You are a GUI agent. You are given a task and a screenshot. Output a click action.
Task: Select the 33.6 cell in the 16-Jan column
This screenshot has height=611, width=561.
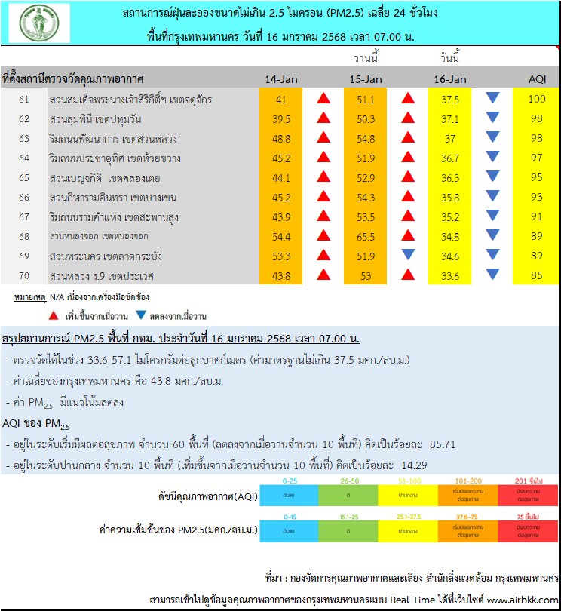(x=451, y=276)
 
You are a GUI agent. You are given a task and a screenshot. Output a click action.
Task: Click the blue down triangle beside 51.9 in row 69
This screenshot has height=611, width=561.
(x=408, y=256)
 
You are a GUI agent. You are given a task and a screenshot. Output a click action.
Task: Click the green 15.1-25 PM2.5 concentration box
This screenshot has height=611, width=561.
(x=349, y=531)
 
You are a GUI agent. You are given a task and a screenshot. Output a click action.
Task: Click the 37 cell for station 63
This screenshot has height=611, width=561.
(x=451, y=138)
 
